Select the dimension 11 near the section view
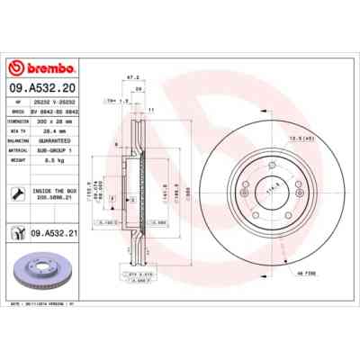[151, 108]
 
